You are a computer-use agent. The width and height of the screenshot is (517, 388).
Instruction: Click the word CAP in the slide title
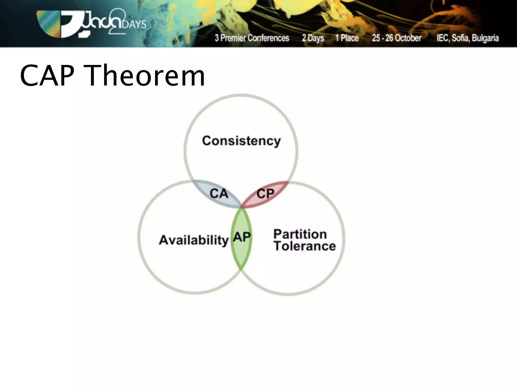47,76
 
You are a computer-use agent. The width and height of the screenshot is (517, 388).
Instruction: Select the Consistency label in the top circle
241,141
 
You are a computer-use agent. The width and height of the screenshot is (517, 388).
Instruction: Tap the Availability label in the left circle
194,240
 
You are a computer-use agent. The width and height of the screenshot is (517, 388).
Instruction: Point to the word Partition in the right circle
300,234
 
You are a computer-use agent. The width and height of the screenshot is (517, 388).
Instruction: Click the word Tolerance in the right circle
304,246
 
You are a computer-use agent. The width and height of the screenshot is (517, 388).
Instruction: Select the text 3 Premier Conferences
252,38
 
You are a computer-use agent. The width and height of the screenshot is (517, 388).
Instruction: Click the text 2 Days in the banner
313,38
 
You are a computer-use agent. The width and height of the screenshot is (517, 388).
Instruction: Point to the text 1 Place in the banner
347,38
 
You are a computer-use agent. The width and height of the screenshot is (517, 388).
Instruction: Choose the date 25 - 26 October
396,38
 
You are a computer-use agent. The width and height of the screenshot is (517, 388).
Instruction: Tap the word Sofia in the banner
461,38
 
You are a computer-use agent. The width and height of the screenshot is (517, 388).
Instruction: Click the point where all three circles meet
241,208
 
